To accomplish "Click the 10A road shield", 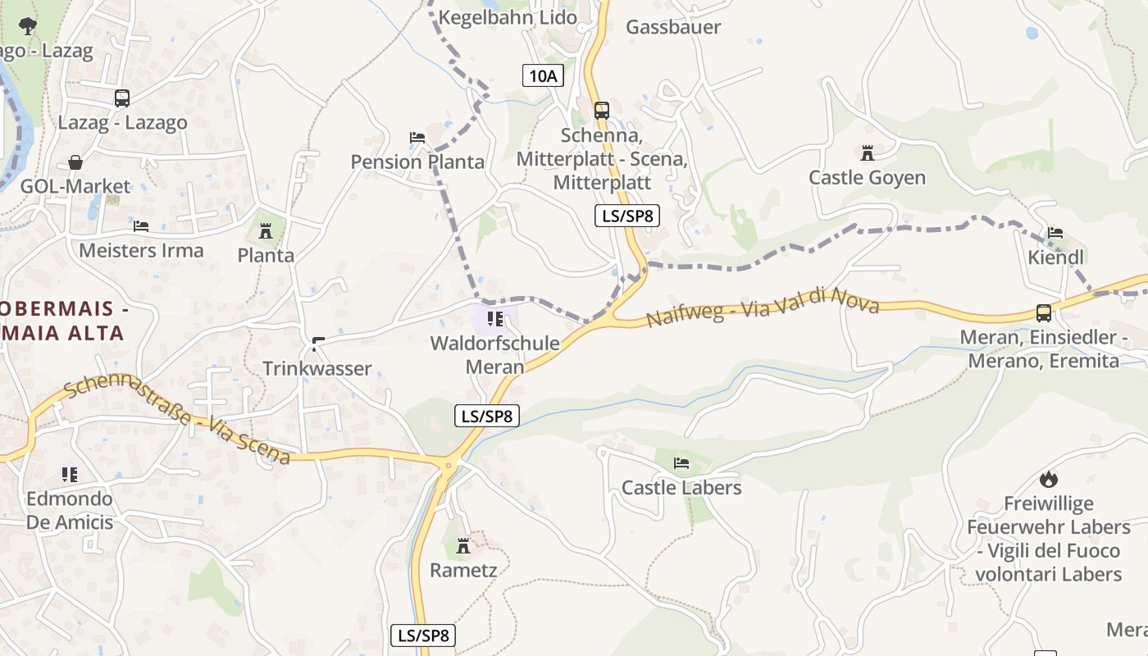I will (543, 76).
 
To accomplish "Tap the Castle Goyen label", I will (867, 177).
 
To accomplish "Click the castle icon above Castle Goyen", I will (867, 153).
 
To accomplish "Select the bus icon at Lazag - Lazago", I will (121, 98).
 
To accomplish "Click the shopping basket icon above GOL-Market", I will (75, 162).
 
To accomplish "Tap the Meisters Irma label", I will (141, 250).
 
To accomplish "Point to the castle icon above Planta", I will (265, 231).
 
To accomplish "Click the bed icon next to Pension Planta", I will (417, 138).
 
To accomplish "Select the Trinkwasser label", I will (317, 368).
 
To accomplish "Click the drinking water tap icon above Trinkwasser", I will (317, 343).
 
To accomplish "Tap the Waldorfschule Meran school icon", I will (494, 318).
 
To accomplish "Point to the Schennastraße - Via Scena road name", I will (176, 419).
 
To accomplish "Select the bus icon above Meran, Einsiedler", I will (1043, 312).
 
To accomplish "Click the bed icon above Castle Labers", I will (681, 463).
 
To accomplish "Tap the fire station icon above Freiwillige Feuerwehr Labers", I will (1048, 479).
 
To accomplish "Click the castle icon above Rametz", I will (463, 545).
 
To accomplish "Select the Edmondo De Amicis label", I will (70, 510).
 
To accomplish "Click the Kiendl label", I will (1055, 257).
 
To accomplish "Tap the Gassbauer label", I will (673, 27).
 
